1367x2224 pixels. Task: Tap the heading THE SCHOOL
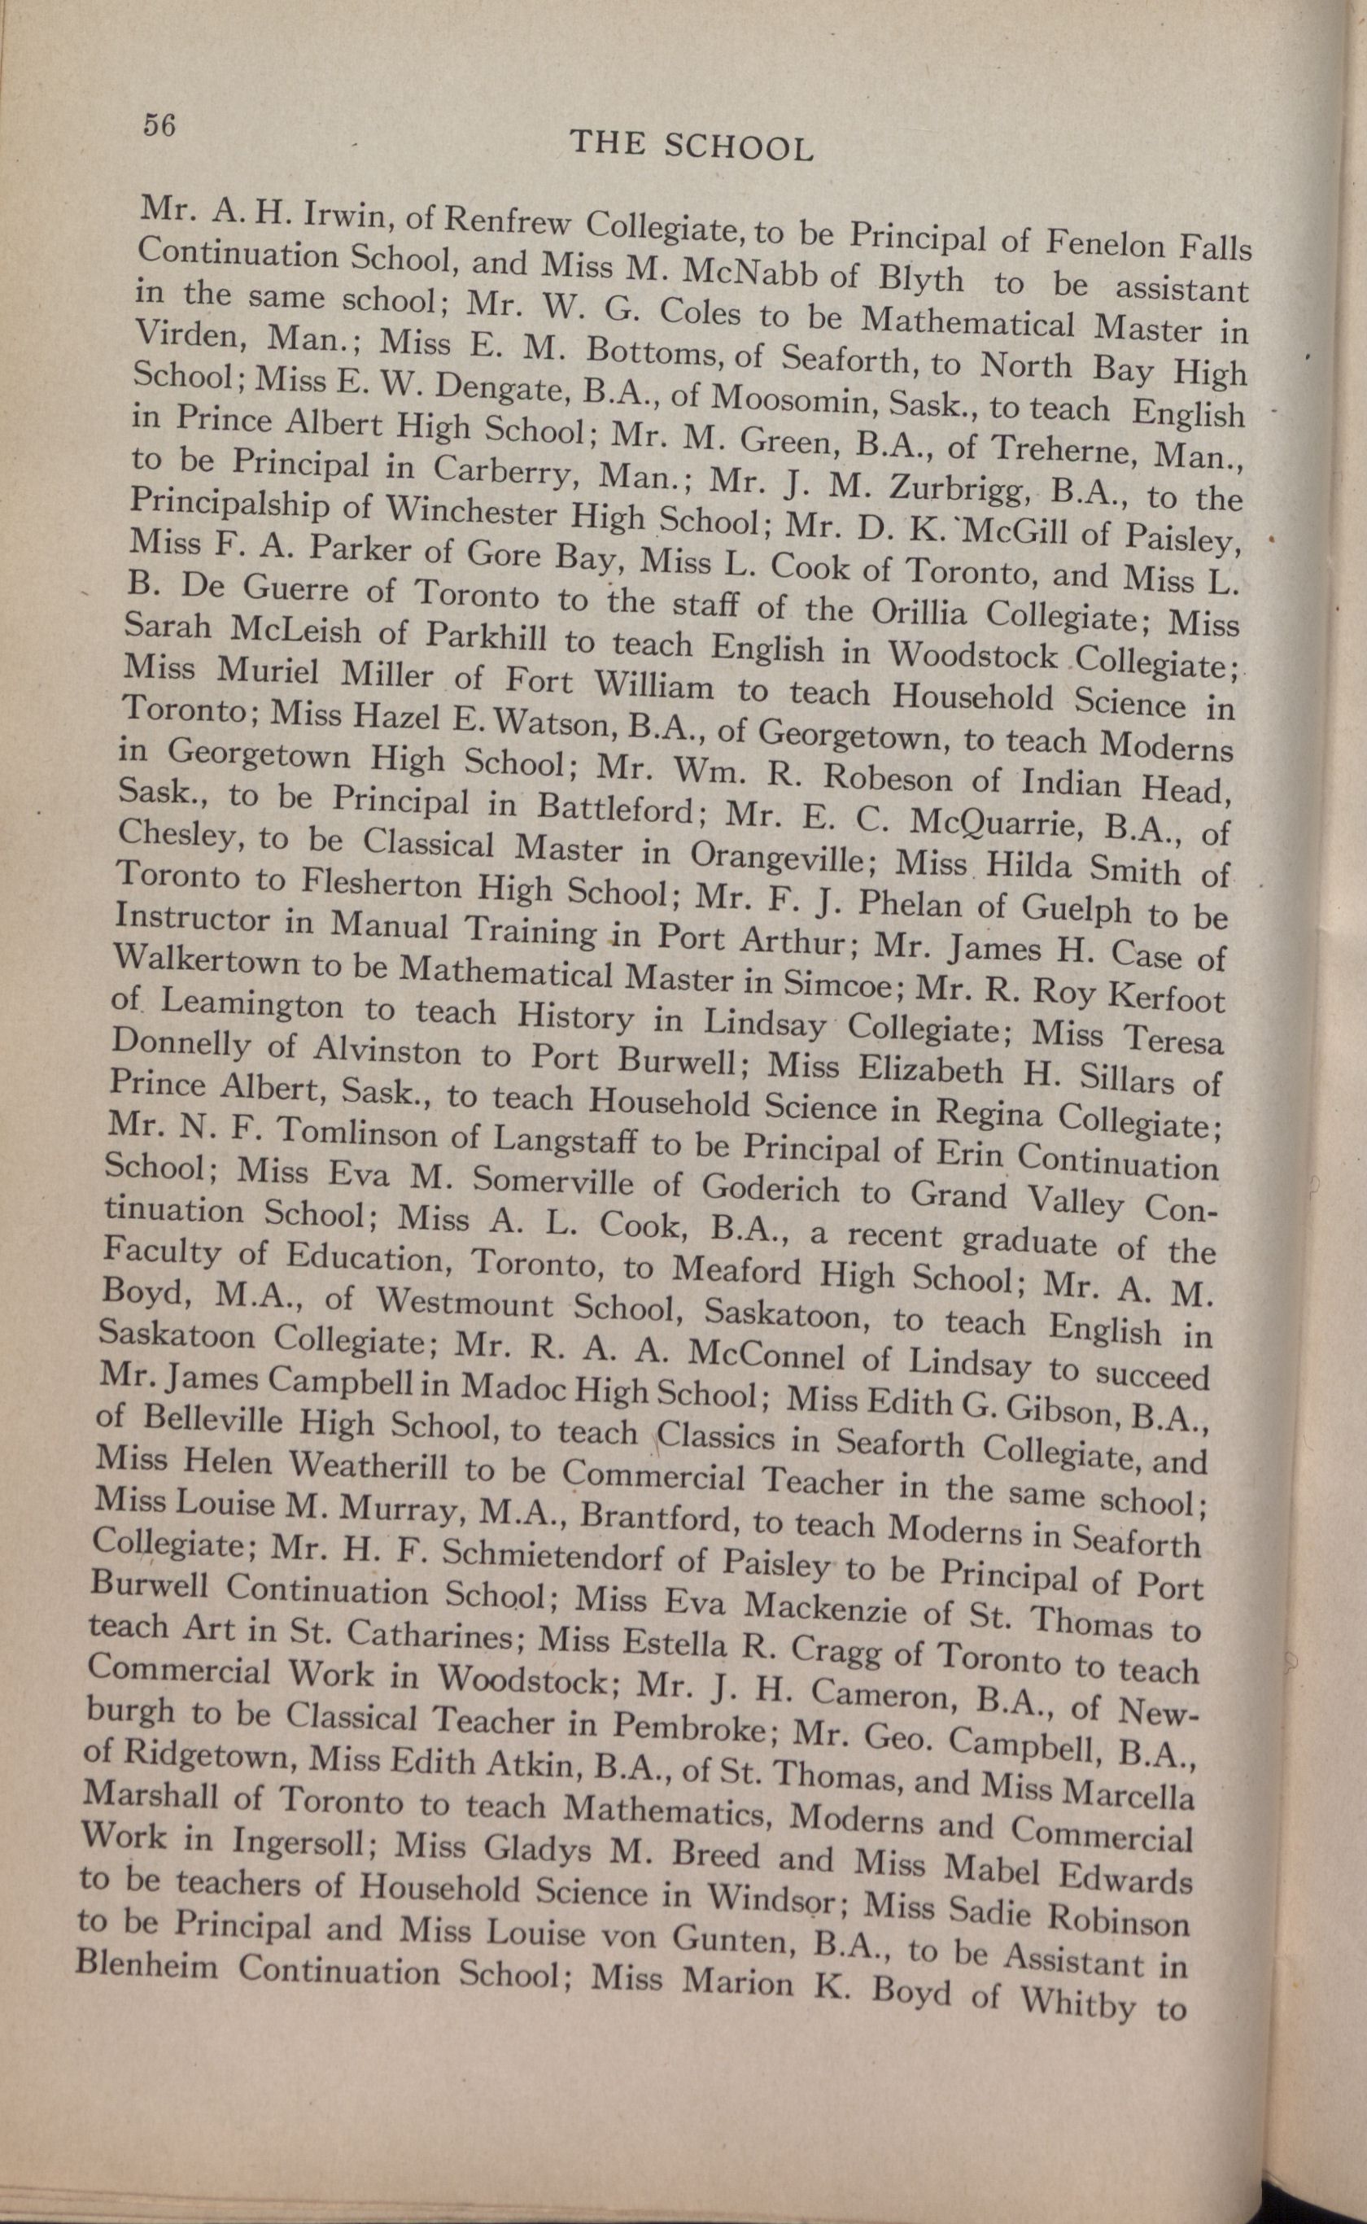point(693,145)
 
